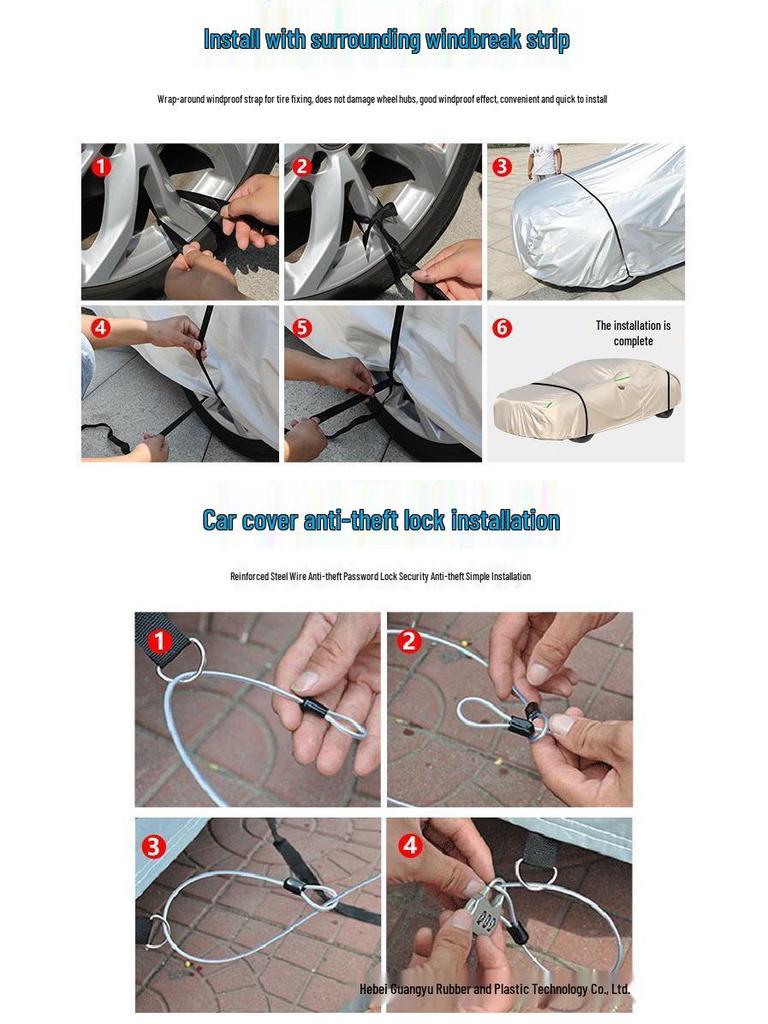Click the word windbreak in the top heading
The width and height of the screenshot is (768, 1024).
tap(467, 40)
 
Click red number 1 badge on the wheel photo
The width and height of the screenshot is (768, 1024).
tap(101, 167)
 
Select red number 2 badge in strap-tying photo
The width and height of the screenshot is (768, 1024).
tap(303, 167)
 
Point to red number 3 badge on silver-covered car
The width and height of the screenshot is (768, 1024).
tap(503, 167)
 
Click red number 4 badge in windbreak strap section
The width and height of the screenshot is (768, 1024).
tap(101, 328)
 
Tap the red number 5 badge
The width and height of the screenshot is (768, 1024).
tap(303, 328)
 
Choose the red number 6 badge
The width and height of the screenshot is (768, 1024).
tap(503, 328)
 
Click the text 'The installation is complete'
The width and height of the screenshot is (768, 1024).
tap(633, 333)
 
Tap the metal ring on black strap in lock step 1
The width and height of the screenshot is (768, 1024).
tap(185, 659)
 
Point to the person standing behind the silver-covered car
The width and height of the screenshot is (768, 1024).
tap(545, 158)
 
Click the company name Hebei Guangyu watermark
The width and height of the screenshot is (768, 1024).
tap(495, 989)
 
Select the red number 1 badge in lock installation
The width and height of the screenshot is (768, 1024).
tap(157, 641)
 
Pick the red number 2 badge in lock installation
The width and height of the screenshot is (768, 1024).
tap(409, 641)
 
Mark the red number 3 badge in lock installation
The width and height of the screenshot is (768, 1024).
tap(154, 847)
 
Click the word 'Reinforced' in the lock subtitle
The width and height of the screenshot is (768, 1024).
tap(249, 577)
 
